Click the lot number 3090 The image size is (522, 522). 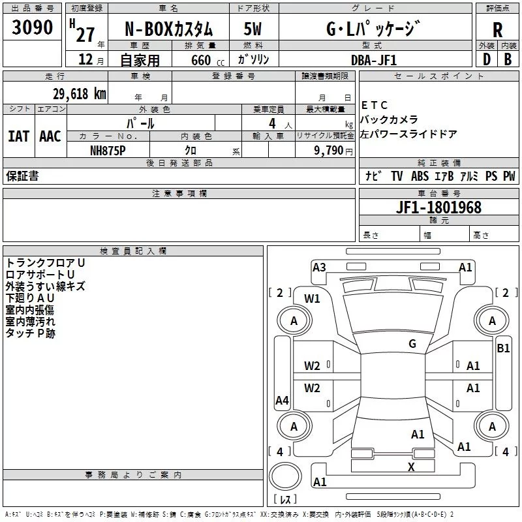tap(32, 27)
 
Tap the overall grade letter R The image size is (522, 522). tap(497, 30)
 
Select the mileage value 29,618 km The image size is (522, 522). tap(80, 94)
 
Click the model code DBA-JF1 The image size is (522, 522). tap(374, 60)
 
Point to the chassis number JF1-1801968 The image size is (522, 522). tap(438, 207)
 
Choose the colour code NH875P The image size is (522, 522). tap(108, 151)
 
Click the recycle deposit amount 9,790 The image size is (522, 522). tap(329, 151)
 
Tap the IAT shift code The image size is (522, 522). tap(18, 136)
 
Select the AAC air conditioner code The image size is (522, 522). tap(50, 136)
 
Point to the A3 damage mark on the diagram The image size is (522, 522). tap(319, 268)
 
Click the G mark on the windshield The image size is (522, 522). tap(412, 343)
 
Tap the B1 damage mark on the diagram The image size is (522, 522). tap(503, 348)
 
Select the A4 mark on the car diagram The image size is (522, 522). tap(282, 400)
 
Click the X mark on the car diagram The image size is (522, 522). tap(411, 467)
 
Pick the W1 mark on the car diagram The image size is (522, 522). tap(312, 299)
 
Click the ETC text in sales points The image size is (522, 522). tap(374, 105)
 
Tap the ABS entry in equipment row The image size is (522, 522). tap(420, 176)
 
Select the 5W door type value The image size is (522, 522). tap(253, 29)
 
